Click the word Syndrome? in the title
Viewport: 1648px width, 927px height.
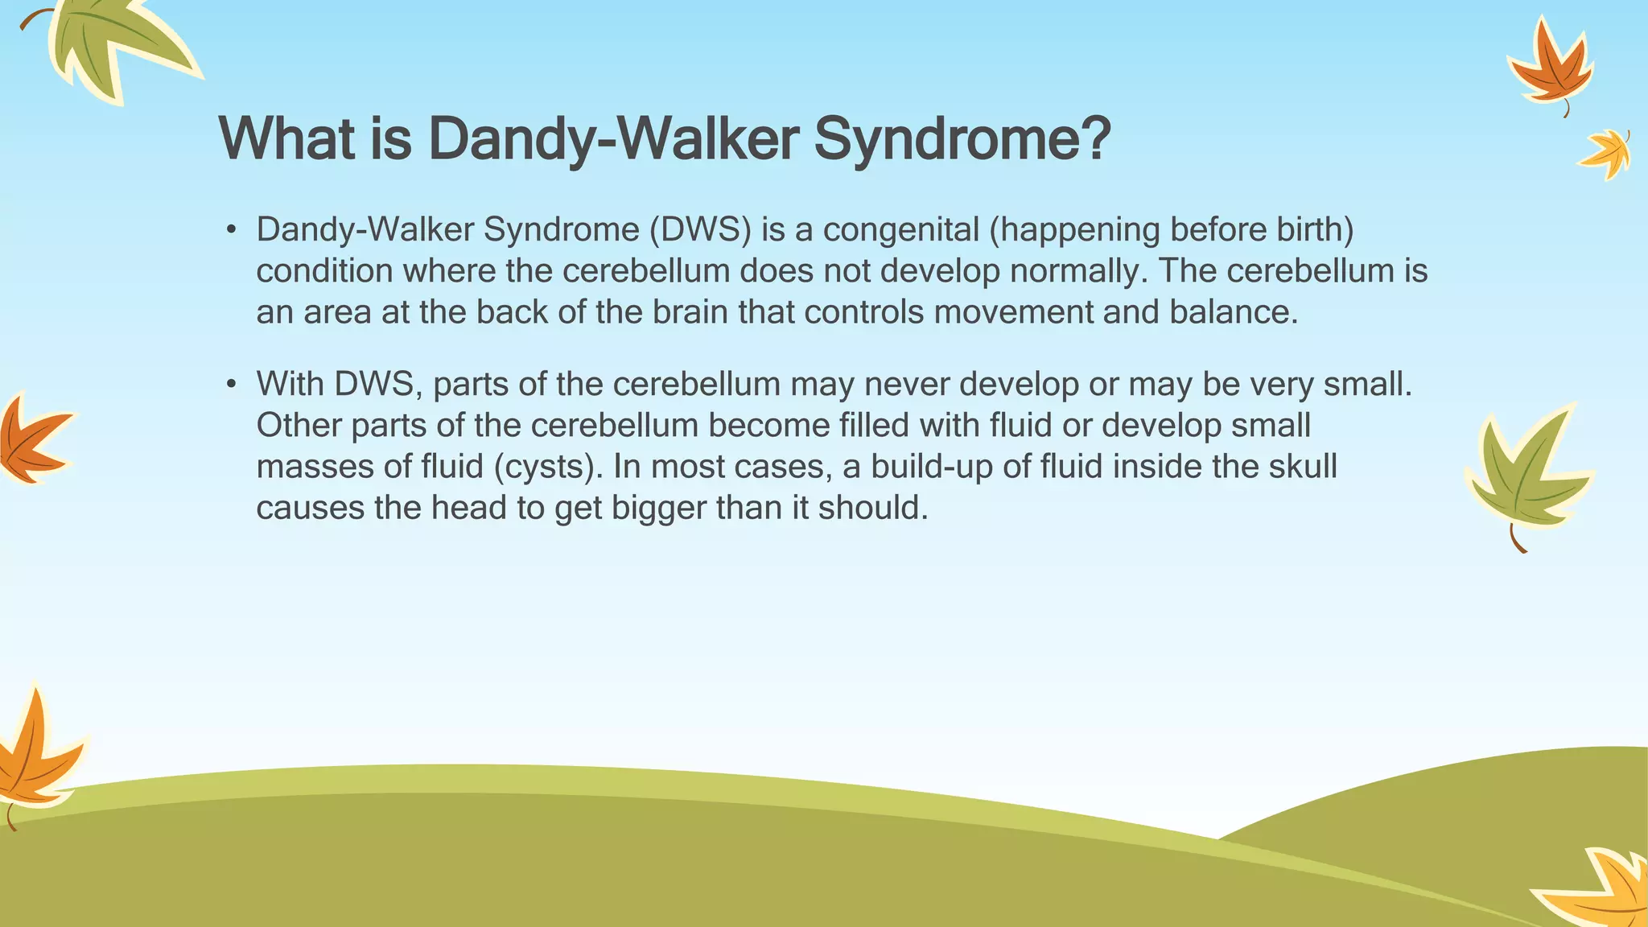click(962, 138)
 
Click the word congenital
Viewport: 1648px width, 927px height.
click(901, 230)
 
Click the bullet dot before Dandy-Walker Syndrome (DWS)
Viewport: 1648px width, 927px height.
click(231, 231)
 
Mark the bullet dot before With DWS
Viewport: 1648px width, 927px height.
click(231, 385)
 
